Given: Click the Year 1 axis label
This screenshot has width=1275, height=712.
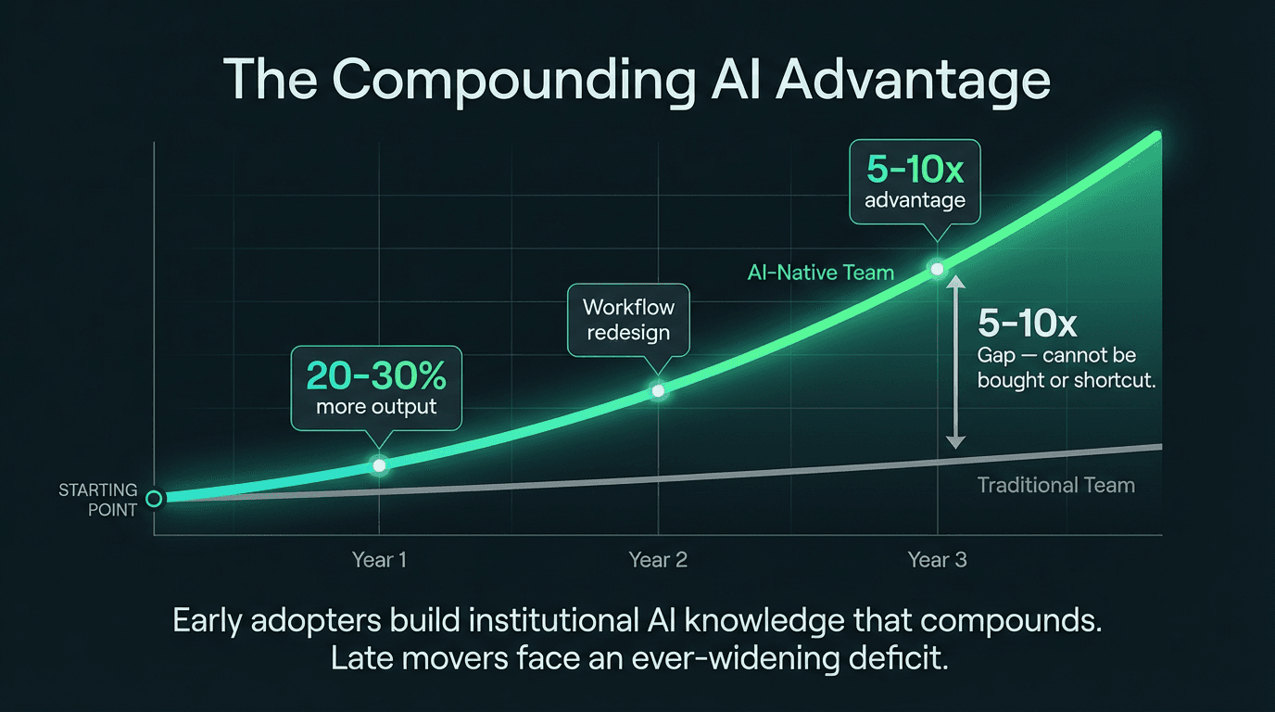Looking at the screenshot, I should [x=379, y=560].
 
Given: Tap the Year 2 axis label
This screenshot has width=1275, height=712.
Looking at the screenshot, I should [x=658, y=560].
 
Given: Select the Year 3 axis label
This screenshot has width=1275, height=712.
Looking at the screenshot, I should [x=937, y=560].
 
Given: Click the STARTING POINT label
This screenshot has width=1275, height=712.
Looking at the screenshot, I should [x=98, y=500].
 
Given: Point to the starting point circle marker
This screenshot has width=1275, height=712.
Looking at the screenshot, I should [x=154, y=499].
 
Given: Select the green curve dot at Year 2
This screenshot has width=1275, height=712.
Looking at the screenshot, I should [x=658, y=390].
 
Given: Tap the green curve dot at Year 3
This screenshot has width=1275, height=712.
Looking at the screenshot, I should [x=937, y=269].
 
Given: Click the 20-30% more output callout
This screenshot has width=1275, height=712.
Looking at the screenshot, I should [x=376, y=388].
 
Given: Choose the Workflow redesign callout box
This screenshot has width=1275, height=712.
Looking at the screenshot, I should [x=628, y=319].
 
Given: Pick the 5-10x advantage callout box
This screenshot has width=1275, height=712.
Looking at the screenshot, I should [x=915, y=184].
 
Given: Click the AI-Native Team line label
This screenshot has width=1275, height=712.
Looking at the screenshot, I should [x=820, y=273].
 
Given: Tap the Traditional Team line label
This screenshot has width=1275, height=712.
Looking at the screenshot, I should [x=1055, y=485].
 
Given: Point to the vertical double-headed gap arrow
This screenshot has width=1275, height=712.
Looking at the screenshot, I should [x=956, y=362].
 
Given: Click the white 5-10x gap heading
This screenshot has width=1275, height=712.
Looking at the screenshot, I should [x=1027, y=324].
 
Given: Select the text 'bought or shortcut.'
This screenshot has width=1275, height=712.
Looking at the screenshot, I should [x=1067, y=379].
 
